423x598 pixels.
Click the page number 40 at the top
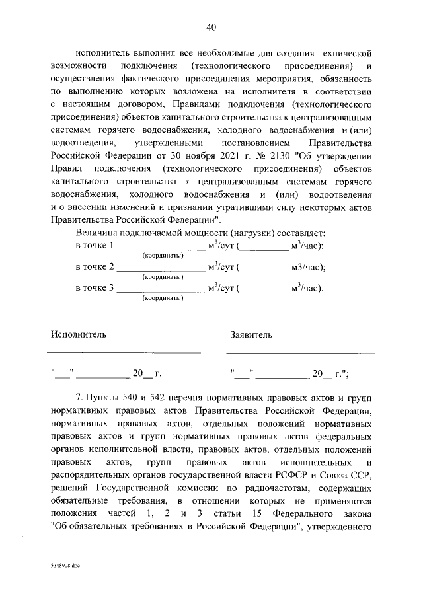(x=211, y=27)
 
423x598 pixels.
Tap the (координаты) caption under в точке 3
(x=163, y=298)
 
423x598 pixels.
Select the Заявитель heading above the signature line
(x=250, y=335)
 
